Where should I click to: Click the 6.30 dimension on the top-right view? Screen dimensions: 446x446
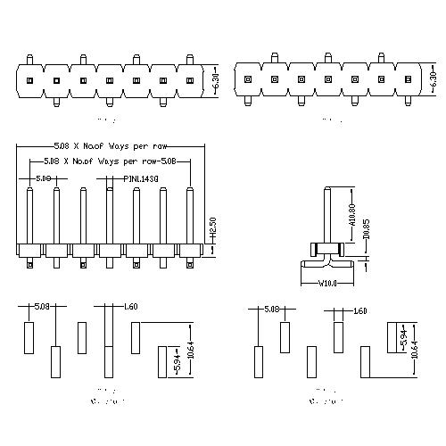tap(434, 80)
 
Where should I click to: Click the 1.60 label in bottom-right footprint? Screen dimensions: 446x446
tap(360, 310)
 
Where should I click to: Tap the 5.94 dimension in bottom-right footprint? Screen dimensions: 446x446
tap(402, 340)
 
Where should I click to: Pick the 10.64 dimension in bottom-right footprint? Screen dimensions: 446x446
tap(414, 350)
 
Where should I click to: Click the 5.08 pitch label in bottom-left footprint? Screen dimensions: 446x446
tap(41, 308)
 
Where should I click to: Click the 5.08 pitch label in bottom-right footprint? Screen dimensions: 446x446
tap(271, 310)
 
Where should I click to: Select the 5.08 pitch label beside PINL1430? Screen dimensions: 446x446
tap(43, 178)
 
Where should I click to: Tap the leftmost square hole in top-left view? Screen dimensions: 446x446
tap(29, 81)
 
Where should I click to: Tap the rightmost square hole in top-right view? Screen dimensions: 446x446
tap(408, 81)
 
